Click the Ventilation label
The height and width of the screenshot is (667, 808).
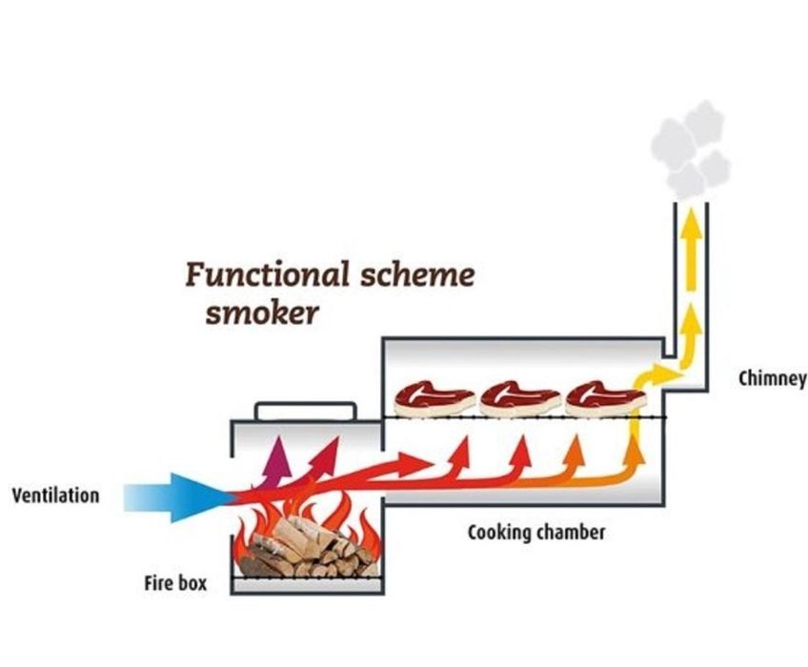(55, 496)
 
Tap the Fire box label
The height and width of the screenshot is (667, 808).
(174, 581)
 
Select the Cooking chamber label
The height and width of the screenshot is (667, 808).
(535, 532)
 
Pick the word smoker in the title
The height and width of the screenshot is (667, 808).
(261, 313)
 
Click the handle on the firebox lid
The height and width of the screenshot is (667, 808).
(305, 410)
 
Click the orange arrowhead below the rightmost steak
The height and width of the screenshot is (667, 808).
(576, 445)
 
